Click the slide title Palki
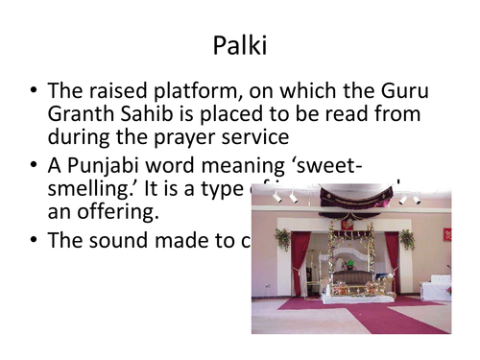tap(240, 45)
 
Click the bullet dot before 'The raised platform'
tap(34, 92)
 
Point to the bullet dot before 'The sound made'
tap(34, 240)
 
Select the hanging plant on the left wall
tap(282, 238)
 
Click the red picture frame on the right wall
tap(446, 234)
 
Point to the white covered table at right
tap(437, 289)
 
